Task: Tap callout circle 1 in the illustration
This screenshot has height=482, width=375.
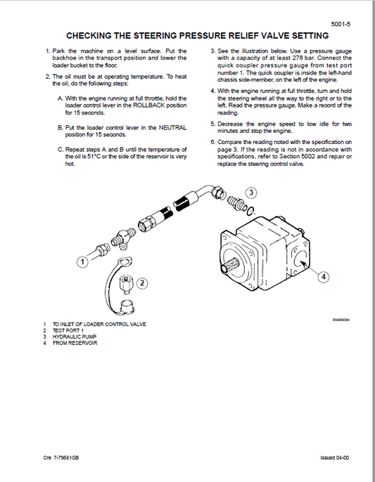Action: click(x=82, y=261)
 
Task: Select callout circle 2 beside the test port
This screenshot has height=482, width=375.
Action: click(x=142, y=283)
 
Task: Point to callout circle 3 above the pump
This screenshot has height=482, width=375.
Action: click(x=252, y=192)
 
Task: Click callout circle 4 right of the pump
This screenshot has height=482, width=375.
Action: click(x=323, y=277)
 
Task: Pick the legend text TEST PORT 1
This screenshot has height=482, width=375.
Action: click(x=69, y=331)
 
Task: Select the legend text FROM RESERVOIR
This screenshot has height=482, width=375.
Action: click(x=73, y=343)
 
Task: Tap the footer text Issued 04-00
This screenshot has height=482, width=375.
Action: click(x=334, y=458)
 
